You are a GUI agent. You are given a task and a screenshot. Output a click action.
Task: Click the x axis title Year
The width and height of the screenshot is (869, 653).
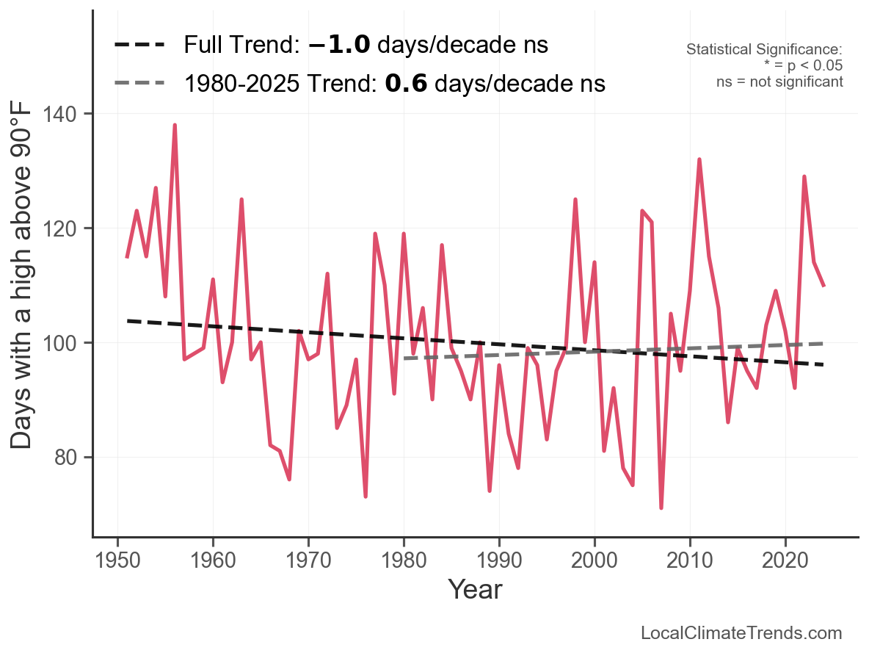(475, 589)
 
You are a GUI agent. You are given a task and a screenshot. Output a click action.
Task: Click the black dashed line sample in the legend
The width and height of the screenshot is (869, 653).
(139, 46)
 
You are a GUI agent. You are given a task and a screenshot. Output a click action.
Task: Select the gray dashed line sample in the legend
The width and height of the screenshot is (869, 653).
(139, 84)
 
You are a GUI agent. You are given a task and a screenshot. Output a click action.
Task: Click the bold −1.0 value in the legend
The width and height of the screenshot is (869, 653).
(340, 46)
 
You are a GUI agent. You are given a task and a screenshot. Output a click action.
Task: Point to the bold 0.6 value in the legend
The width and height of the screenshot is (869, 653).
(406, 84)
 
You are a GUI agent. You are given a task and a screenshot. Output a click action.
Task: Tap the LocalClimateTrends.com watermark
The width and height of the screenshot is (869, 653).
(741, 633)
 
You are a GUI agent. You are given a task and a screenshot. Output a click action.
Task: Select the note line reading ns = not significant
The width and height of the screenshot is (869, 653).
(779, 82)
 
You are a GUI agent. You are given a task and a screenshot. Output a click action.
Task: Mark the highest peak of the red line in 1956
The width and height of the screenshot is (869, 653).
(175, 126)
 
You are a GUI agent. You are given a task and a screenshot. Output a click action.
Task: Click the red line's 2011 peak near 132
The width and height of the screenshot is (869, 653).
(699, 159)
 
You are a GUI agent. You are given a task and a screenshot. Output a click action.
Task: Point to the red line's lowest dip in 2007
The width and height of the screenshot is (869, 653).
(661, 508)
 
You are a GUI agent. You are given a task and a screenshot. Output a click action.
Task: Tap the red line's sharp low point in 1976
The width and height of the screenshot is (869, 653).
(366, 497)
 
